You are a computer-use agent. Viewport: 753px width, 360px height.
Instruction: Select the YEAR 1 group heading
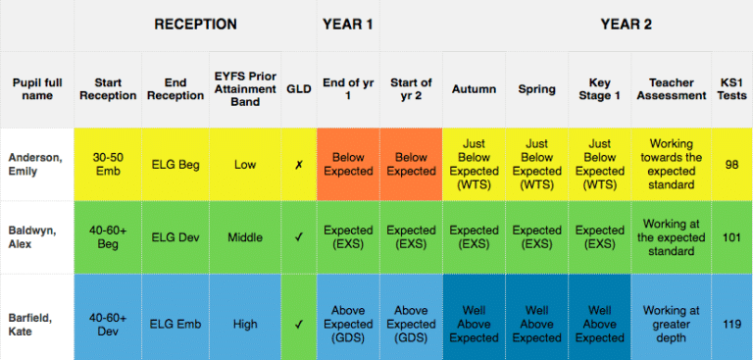click(x=347, y=25)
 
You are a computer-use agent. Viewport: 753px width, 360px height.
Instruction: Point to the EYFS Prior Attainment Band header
click(x=245, y=88)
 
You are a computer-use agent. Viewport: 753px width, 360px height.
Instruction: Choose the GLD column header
click(x=298, y=88)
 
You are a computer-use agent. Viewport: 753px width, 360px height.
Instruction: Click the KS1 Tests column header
click(x=731, y=88)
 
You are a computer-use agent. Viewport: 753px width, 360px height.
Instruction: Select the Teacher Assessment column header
click(x=670, y=88)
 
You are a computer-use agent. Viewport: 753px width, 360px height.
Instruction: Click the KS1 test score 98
click(x=731, y=164)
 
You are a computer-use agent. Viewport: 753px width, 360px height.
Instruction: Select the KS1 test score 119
click(x=731, y=324)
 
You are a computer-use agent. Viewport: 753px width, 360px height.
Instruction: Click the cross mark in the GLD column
click(x=298, y=165)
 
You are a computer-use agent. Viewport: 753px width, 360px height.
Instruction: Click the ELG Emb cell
click(x=176, y=324)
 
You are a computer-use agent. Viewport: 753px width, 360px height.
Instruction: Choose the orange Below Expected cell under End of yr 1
click(x=348, y=164)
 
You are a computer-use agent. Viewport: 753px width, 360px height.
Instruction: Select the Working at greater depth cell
click(x=670, y=324)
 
